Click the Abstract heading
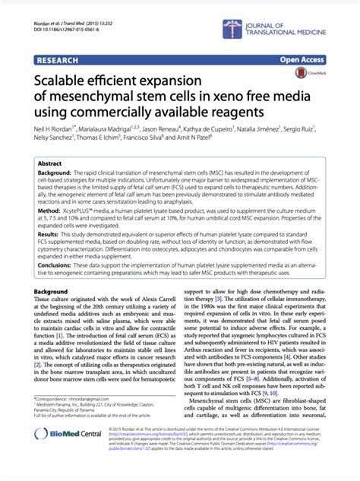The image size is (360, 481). click(x=50, y=163)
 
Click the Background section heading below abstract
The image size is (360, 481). click(x=51, y=292)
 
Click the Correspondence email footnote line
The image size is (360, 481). click(x=76, y=419)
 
